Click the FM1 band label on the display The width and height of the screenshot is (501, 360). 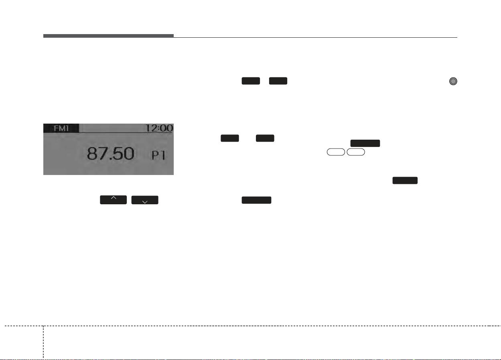[x=61, y=128]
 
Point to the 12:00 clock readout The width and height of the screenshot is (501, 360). [x=159, y=128]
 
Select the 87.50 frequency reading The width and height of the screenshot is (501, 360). [x=110, y=153]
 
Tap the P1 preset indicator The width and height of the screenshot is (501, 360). [x=158, y=155]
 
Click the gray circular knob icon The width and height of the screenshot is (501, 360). [x=453, y=81]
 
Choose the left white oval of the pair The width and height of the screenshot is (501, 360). [x=336, y=152]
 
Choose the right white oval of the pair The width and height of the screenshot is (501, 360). [x=356, y=152]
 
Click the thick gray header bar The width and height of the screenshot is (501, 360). [x=108, y=36]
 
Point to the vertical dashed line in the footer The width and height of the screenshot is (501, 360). [x=43, y=342]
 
